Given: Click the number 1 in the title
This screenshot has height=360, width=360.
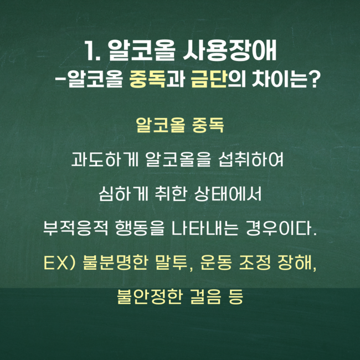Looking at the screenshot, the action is point(89,51).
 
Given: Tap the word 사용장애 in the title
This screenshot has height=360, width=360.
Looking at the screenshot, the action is point(230,51).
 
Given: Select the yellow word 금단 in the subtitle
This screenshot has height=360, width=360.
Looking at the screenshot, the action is point(209,79).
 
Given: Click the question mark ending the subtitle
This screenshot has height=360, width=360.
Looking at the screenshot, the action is point(313,79).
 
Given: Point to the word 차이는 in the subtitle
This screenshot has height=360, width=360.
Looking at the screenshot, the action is point(279,79).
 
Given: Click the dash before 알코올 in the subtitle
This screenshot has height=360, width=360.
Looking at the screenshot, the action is point(59,79).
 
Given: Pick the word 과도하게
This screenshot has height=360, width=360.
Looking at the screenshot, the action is point(105,160).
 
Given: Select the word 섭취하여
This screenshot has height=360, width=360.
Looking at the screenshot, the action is point(251,160).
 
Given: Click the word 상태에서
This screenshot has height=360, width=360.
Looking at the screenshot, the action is point(228,194).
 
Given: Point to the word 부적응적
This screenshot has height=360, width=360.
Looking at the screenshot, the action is point(75,228).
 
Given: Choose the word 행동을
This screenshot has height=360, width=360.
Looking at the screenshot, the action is point(140,228).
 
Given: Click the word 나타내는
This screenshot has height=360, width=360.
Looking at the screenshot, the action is point(205,228).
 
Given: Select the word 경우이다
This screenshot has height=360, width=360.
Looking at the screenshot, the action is point(281,228).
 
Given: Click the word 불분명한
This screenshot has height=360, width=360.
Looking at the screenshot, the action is point(115,263).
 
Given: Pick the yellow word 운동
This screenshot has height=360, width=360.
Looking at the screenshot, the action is point(216,263).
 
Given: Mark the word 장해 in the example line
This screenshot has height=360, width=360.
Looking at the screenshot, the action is point(295,263).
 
